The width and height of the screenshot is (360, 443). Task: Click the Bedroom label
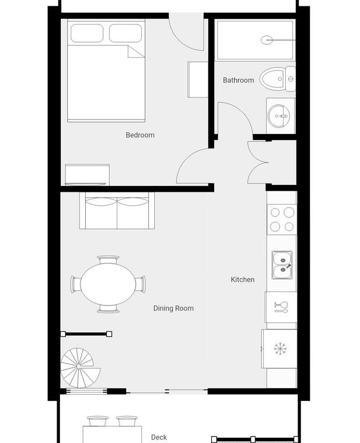(140, 135)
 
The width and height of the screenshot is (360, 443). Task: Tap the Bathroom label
(239, 80)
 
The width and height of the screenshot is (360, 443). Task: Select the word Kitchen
(243, 279)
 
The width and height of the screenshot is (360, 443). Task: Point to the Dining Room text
(174, 308)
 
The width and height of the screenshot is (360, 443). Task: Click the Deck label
(159, 437)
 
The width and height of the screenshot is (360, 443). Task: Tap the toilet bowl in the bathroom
(273, 79)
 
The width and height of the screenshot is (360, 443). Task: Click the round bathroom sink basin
(279, 116)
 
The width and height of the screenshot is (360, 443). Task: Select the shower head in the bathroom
(267, 40)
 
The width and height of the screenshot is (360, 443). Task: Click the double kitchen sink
(282, 265)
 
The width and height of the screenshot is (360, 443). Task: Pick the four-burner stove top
(282, 219)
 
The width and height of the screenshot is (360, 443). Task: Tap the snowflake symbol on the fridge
(280, 349)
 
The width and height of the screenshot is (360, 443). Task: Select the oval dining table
(108, 284)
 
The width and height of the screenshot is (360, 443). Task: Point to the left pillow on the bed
(87, 33)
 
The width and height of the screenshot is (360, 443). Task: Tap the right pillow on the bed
(125, 33)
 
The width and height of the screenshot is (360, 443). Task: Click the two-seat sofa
(117, 211)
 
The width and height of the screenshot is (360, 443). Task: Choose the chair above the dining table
(108, 259)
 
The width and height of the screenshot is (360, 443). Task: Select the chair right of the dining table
(141, 284)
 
